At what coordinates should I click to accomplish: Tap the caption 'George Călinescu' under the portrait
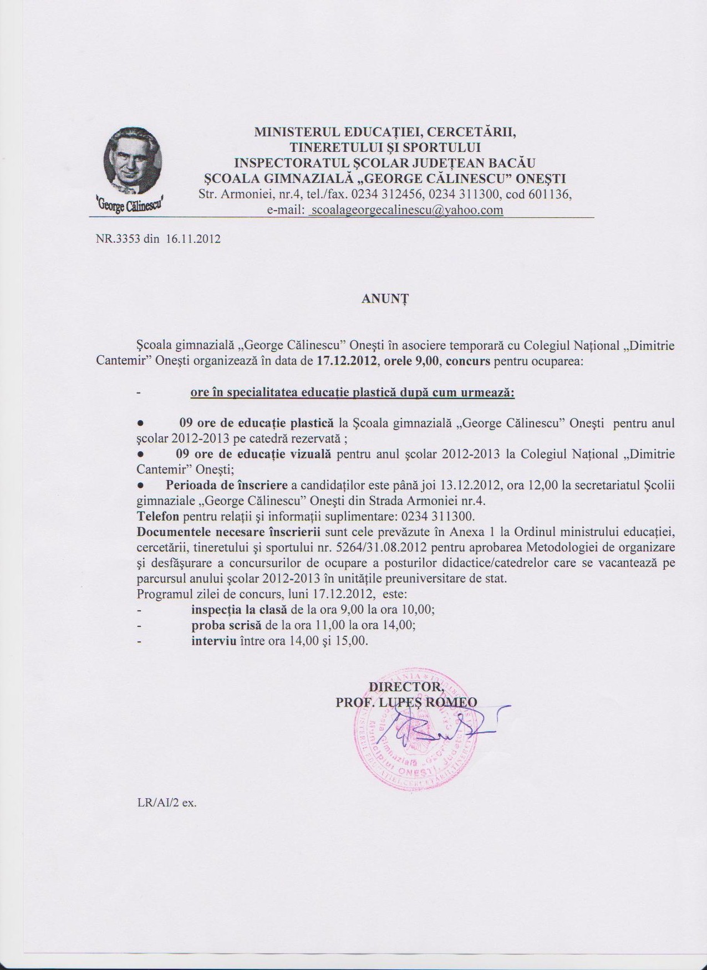[x=133, y=203]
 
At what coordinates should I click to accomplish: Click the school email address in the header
[x=406, y=210]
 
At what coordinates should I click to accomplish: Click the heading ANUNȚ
[x=385, y=298]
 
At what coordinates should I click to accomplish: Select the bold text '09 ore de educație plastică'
[x=257, y=423]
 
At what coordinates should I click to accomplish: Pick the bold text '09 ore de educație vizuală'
[x=253, y=454]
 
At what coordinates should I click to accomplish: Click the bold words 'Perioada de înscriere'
[x=226, y=485]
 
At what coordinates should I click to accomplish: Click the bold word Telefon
[x=157, y=516]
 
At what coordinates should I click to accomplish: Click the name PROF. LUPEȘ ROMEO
[x=406, y=702]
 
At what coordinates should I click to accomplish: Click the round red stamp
[x=416, y=732]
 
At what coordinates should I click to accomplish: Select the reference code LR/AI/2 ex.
[x=167, y=802]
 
